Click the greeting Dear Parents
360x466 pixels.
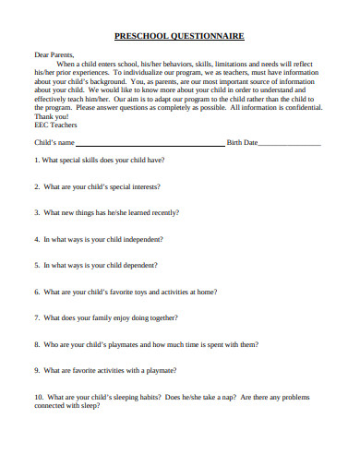(x=54, y=54)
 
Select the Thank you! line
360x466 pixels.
(x=51, y=117)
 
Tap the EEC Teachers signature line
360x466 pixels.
(x=57, y=125)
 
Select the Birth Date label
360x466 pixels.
(x=242, y=143)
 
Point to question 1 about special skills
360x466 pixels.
(x=100, y=160)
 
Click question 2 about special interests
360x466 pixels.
(x=97, y=186)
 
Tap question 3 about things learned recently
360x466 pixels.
(x=106, y=212)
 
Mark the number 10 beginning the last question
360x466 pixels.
(x=38, y=398)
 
